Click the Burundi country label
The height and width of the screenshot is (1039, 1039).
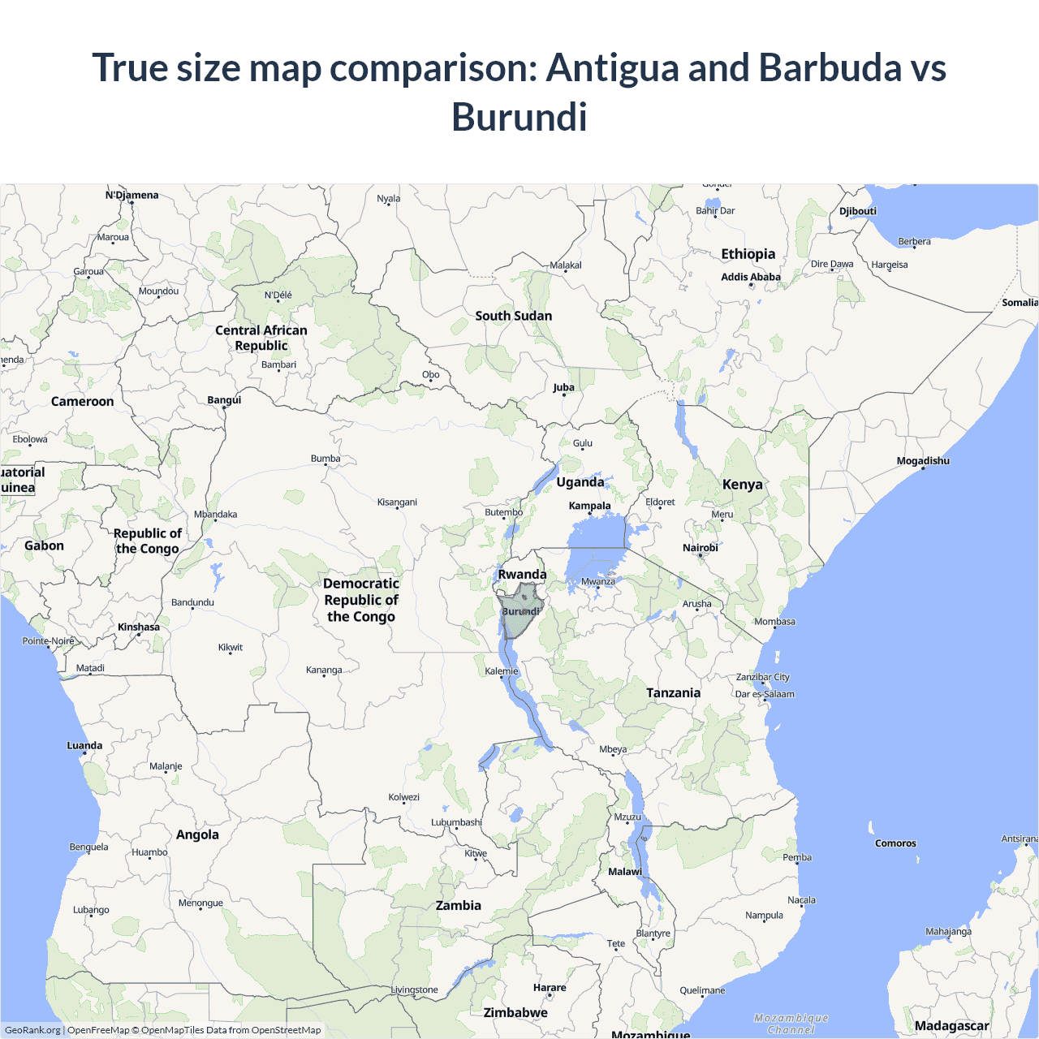click(520, 611)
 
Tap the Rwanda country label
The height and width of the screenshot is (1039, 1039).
click(522, 575)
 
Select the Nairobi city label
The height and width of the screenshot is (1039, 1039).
click(700, 548)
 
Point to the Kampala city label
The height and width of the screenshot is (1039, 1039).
click(589, 506)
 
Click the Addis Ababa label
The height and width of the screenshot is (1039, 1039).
click(751, 277)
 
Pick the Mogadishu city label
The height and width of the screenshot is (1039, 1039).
click(923, 461)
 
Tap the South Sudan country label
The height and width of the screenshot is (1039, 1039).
click(513, 316)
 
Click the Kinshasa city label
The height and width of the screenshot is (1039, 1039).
click(139, 627)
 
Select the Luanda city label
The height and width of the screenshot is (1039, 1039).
click(84, 745)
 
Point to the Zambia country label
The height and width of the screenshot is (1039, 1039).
click(459, 905)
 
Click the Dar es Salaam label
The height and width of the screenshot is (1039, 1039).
click(765, 694)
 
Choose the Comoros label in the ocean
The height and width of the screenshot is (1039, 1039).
click(895, 843)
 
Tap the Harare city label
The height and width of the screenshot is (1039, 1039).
click(550, 988)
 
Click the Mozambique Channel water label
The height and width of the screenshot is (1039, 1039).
click(791, 1024)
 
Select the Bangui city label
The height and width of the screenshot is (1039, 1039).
click(224, 400)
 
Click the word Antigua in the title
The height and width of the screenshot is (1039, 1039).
click(612, 67)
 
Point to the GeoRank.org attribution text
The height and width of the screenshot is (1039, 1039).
click(32, 1030)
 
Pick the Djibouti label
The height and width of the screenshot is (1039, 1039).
click(858, 211)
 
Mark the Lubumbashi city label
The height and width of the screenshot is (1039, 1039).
click(456, 822)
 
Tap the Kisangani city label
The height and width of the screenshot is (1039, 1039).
click(397, 502)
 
